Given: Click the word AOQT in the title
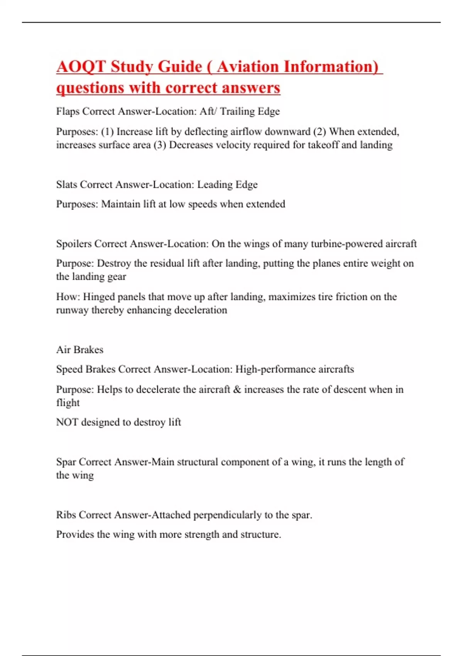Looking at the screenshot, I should [x=81, y=67].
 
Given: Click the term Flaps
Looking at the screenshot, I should [x=68, y=112].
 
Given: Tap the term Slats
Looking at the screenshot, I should [x=67, y=185].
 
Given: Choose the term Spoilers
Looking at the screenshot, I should [x=74, y=244].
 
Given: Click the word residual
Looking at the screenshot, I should [x=167, y=264].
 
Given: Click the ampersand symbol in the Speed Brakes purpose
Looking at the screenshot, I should [x=237, y=390].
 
